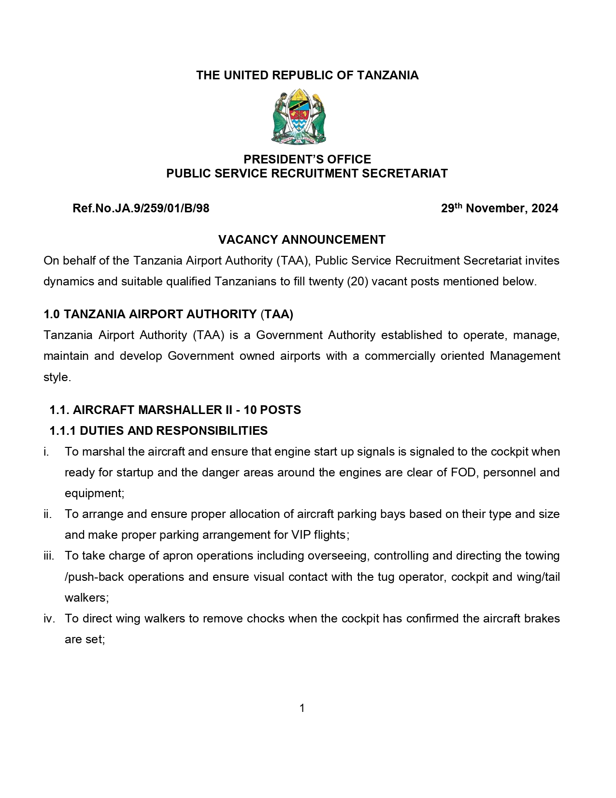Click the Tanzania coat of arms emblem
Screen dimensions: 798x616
coord(299,117)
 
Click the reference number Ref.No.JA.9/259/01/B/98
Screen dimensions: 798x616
coord(141,208)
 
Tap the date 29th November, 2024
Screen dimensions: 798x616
coord(499,208)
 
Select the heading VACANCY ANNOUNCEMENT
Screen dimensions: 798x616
coord(301,240)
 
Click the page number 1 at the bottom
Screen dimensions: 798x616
coord(302,709)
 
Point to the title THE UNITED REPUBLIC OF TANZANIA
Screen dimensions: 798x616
coord(307,75)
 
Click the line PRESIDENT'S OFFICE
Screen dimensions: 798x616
coord(307,160)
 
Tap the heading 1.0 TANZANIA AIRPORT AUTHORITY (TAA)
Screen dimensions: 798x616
coord(168,314)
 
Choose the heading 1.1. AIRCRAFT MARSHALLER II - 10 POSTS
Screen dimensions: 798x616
coord(175,410)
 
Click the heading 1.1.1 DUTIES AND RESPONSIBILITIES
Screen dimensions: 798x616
coord(158,431)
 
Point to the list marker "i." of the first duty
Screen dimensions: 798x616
coord(46,452)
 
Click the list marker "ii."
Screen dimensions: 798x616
coord(47,514)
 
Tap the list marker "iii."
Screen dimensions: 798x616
coord(49,556)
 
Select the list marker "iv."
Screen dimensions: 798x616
coord(49,619)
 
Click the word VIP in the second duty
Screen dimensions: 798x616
coord(301,535)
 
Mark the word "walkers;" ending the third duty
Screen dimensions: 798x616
coord(87,598)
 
